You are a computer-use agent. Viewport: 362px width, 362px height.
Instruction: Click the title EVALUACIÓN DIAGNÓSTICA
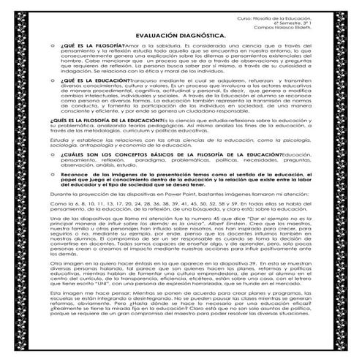[x=181, y=34]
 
